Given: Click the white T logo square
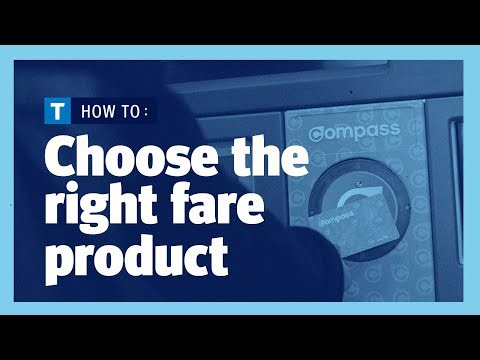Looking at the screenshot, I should click(x=60, y=109).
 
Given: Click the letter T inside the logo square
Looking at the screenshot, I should click(x=60, y=109).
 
